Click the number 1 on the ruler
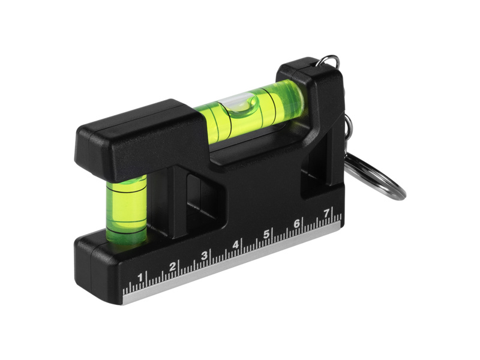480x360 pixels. pos(140,278)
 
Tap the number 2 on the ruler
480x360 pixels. pos(173,266)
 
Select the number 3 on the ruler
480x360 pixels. pos(204,256)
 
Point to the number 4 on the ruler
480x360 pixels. pos(235,245)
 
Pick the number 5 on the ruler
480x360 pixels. pos(266,234)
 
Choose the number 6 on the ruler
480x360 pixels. pos(296,223)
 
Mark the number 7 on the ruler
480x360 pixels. pos(326,212)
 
